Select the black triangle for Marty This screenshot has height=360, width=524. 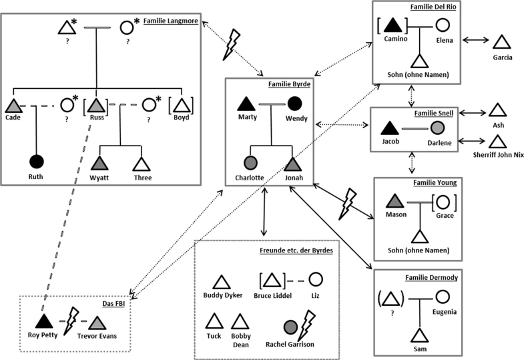point(246,104)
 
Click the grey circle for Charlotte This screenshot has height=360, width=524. point(250,164)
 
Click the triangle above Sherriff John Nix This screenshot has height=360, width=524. point(496,142)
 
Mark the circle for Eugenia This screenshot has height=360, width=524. point(443,296)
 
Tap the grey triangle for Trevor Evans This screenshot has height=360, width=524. point(96,322)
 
